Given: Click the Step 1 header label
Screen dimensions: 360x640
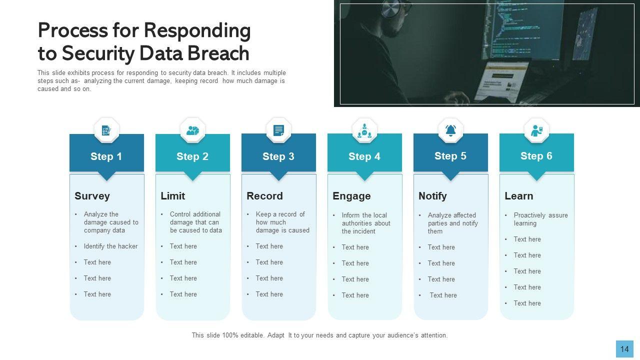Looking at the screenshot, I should (x=106, y=156).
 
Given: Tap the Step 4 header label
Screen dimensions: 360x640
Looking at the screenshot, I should (x=364, y=156).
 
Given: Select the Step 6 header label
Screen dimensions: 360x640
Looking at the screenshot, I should (x=536, y=156).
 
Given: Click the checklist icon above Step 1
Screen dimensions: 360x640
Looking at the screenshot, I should (x=106, y=130).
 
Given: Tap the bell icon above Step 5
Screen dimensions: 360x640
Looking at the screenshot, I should (x=450, y=130).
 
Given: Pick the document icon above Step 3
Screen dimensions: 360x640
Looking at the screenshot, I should (x=278, y=130).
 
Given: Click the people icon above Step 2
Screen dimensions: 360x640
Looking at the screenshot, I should (x=192, y=130).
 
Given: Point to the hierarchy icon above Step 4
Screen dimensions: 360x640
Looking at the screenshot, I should (x=364, y=130).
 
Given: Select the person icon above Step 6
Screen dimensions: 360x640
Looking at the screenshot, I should (x=536, y=130).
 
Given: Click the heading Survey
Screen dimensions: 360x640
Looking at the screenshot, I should (x=92, y=196).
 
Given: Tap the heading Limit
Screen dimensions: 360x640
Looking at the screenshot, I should (x=172, y=196).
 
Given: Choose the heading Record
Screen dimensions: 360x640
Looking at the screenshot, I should (x=264, y=196).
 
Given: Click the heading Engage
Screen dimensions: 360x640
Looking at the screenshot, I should (x=351, y=196).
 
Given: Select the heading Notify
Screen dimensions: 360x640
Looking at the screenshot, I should (x=432, y=196).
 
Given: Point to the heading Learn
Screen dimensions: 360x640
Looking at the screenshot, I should (x=518, y=196).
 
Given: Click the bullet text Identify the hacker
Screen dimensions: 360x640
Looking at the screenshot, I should (x=110, y=246).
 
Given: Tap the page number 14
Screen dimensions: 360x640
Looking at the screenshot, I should (x=624, y=349).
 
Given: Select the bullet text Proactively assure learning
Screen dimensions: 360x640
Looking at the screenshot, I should (x=540, y=219).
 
